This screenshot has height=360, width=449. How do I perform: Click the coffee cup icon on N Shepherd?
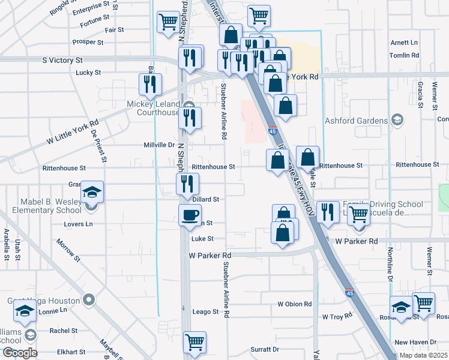point(190,215)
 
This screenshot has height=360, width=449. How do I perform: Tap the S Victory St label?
point(62,61)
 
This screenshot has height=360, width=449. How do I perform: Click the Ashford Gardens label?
point(357,121)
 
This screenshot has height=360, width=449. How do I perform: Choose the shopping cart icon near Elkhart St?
point(194,342)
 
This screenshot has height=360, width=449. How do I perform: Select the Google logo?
point(19,353)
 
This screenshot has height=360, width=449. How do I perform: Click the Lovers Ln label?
point(79,224)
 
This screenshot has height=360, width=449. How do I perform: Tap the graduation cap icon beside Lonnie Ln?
point(25,310)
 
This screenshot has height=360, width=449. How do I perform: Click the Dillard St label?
point(206,199)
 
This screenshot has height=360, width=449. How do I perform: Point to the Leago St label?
point(205,312)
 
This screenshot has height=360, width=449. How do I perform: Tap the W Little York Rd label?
point(72,134)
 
